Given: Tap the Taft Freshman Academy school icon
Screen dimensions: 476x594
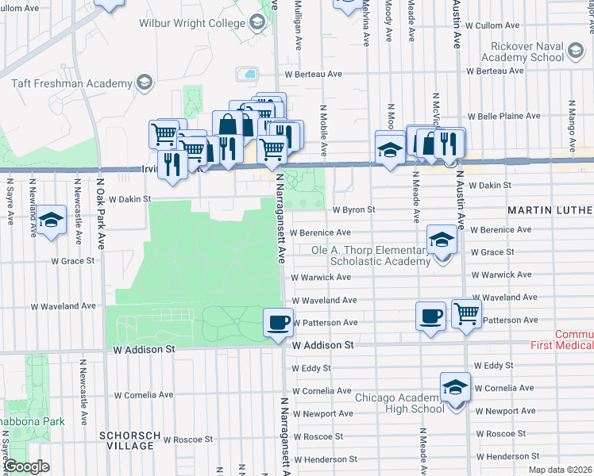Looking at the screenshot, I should [x=144, y=83].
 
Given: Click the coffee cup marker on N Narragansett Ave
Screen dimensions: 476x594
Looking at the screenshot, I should [x=277, y=321].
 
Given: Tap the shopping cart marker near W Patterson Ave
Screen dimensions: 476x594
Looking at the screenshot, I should [x=466, y=313].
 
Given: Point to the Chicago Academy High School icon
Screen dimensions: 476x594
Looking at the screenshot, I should [x=455, y=388].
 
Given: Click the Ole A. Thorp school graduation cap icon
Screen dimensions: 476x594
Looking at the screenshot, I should [x=441, y=238].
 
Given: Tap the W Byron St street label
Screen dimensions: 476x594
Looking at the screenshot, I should [x=353, y=210].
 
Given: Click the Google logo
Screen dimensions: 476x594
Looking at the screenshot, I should [x=27, y=467].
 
